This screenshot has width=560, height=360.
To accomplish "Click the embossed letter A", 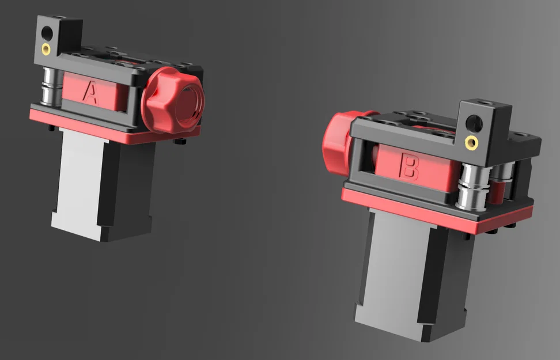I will click(90, 92).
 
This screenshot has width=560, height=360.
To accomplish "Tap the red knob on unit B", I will click(336, 141).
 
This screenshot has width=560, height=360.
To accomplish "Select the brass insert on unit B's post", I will click(472, 142).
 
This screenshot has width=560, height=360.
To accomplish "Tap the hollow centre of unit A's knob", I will click(188, 104).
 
